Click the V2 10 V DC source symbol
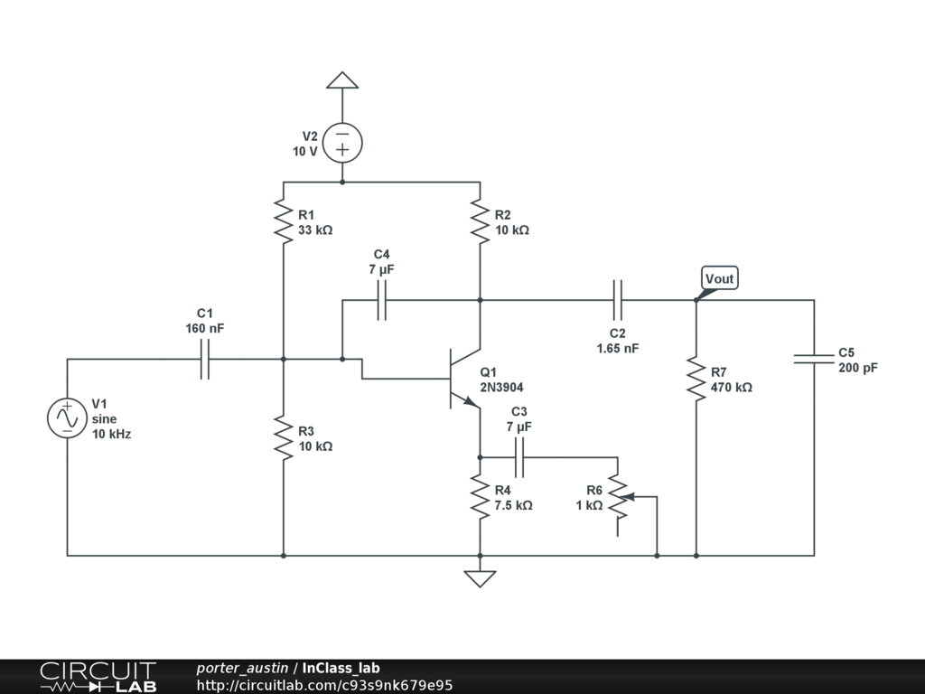pyautogui.click(x=342, y=143)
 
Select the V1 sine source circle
pyautogui.click(x=67, y=417)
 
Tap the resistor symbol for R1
pyautogui.click(x=283, y=221)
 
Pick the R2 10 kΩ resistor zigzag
pyautogui.click(x=481, y=221)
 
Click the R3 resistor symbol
pyautogui.click(x=283, y=438)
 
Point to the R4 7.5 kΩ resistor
pyautogui.click(x=481, y=497)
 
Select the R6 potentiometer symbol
pyautogui.click(x=620, y=497)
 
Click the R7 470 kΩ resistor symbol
pyautogui.click(x=696, y=379)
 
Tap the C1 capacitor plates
pyautogui.click(x=205, y=359)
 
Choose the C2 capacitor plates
pyautogui.click(x=618, y=300)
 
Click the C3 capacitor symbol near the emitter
pyautogui.click(x=519, y=457)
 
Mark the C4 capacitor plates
pyautogui.click(x=382, y=300)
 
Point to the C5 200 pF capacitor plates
pyautogui.click(x=814, y=359)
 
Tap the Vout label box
pyautogui.click(x=720, y=278)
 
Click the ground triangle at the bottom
pyautogui.click(x=481, y=579)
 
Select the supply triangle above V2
pyautogui.click(x=342, y=80)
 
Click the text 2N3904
pyautogui.click(x=501, y=387)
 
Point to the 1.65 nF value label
pyautogui.click(x=618, y=348)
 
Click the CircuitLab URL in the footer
pyautogui.click(x=324, y=685)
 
